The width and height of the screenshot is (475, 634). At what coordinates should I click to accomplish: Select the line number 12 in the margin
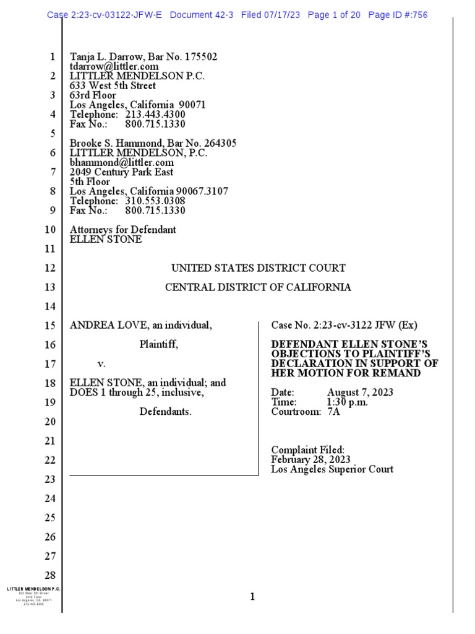[x=50, y=268]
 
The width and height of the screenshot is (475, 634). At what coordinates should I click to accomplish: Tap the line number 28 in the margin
[x=50, y=575]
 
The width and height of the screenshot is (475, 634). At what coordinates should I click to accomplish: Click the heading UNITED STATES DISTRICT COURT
[x=258, y=268]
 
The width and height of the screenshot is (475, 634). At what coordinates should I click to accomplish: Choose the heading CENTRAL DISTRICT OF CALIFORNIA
[x=258, y=287]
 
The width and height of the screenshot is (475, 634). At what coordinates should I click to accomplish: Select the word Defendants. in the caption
[x=165, y=412]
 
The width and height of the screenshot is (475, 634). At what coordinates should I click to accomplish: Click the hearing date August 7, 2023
[x=360, y=393]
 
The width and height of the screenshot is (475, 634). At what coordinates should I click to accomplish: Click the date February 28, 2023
[x=311, y=460]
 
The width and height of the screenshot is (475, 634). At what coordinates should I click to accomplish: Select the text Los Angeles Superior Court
[x=333, y=469]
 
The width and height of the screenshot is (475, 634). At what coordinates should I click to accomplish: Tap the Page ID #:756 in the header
[x=398, y=15]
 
